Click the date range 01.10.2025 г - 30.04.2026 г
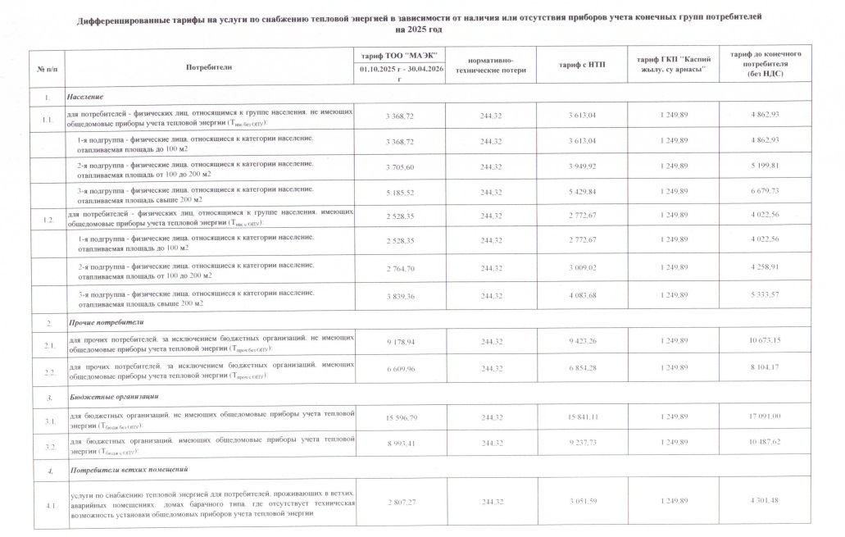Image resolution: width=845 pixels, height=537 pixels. coord(398,74)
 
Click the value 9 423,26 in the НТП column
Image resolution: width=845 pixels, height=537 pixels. coord(581,340)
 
